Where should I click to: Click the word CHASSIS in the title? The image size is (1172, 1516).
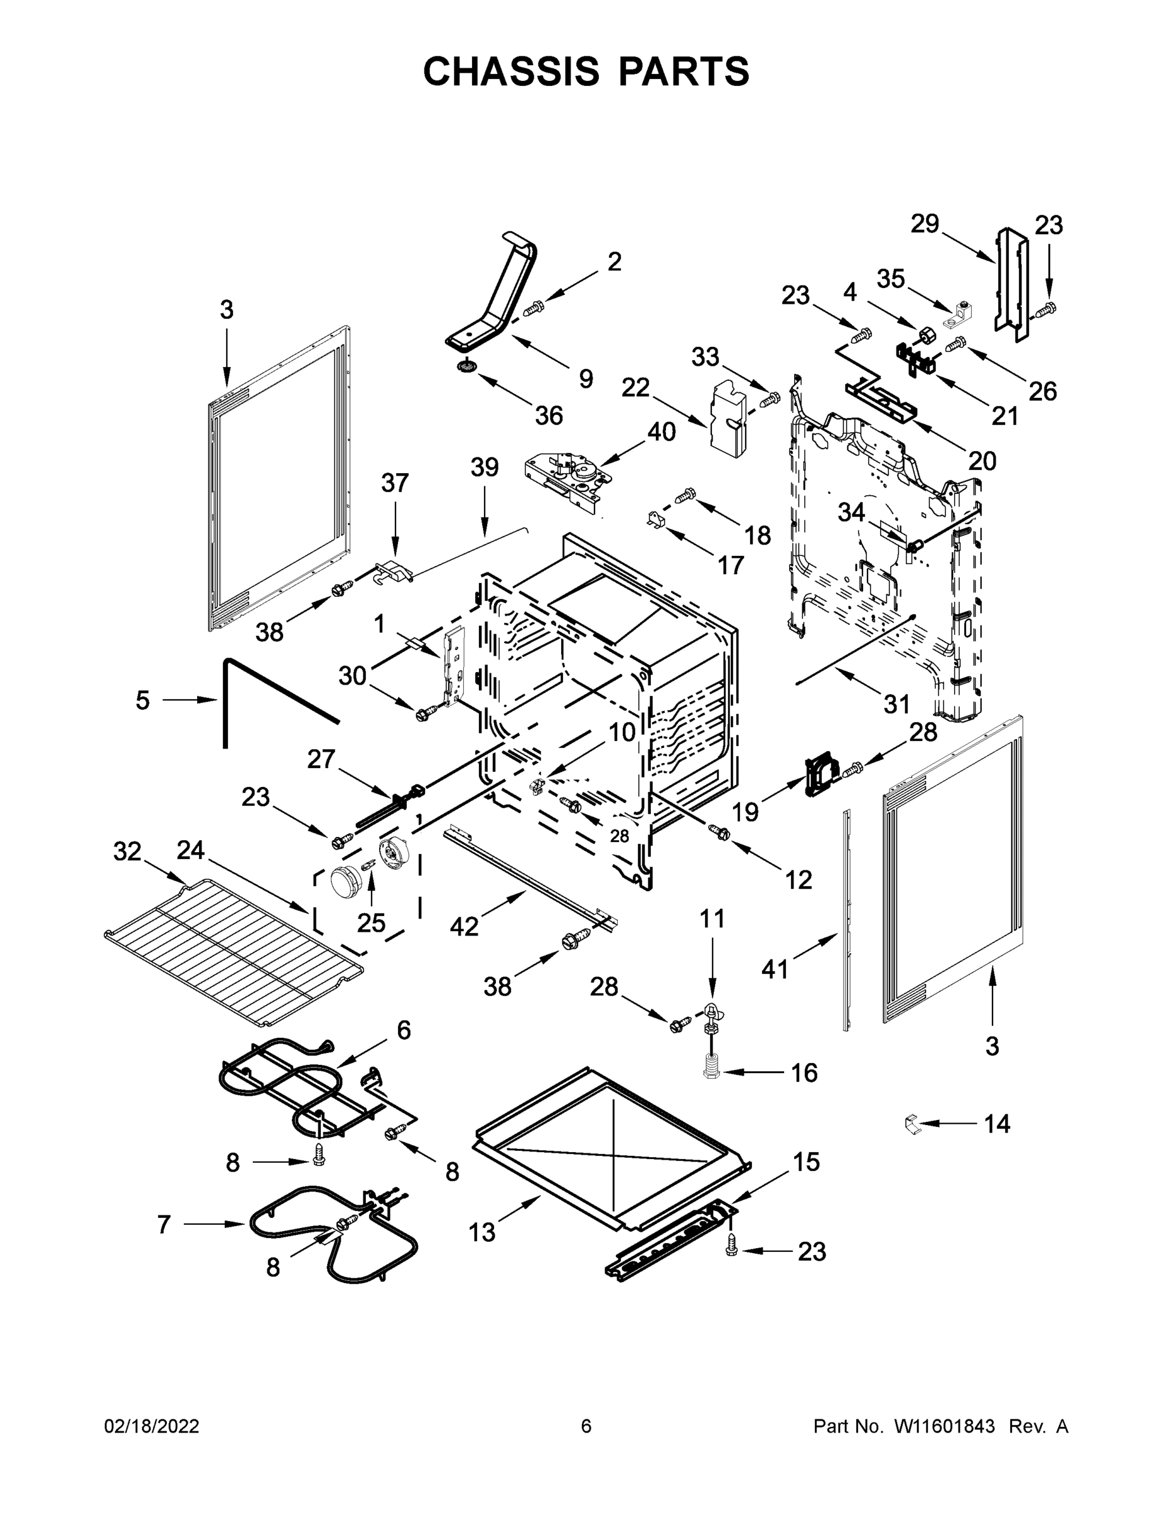click(x=511, y=71)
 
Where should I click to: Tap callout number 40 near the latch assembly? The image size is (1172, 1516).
click(x=661, y=432)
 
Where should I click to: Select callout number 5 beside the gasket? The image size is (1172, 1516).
click(x=142, y=701)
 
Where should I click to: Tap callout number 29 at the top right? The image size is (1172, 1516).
click(x=924, y=224)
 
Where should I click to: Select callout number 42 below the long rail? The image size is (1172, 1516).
click(x=464, y=926)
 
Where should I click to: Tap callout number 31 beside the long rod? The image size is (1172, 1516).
click(x=897, y=704)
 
